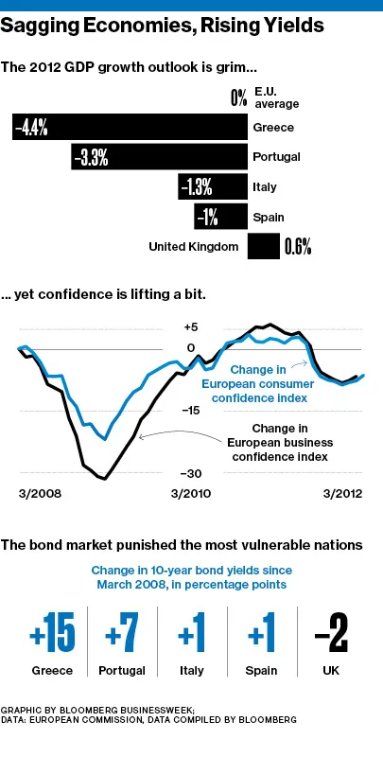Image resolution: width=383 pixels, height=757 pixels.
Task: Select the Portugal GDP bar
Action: tap(159, 157)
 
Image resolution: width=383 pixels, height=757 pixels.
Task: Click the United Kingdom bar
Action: tap(263, 247)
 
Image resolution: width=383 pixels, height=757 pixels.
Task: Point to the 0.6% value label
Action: tap(298, 248)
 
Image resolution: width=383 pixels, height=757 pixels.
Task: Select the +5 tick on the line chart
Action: tap(192, 324)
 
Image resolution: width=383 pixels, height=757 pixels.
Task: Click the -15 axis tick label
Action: tap(192, 410)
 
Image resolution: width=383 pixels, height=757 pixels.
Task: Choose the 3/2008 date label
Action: tap(41, 494)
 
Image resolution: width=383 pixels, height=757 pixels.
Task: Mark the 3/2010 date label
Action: tap(192, 494)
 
